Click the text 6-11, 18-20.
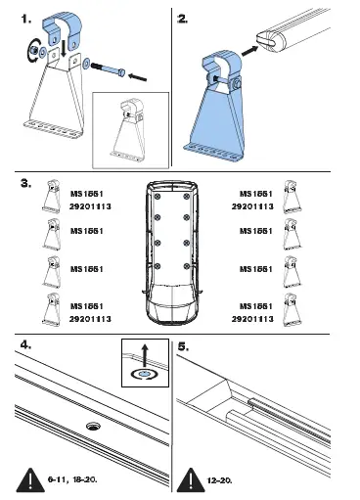[x=71, y=482]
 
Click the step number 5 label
[x=184, y=345]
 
